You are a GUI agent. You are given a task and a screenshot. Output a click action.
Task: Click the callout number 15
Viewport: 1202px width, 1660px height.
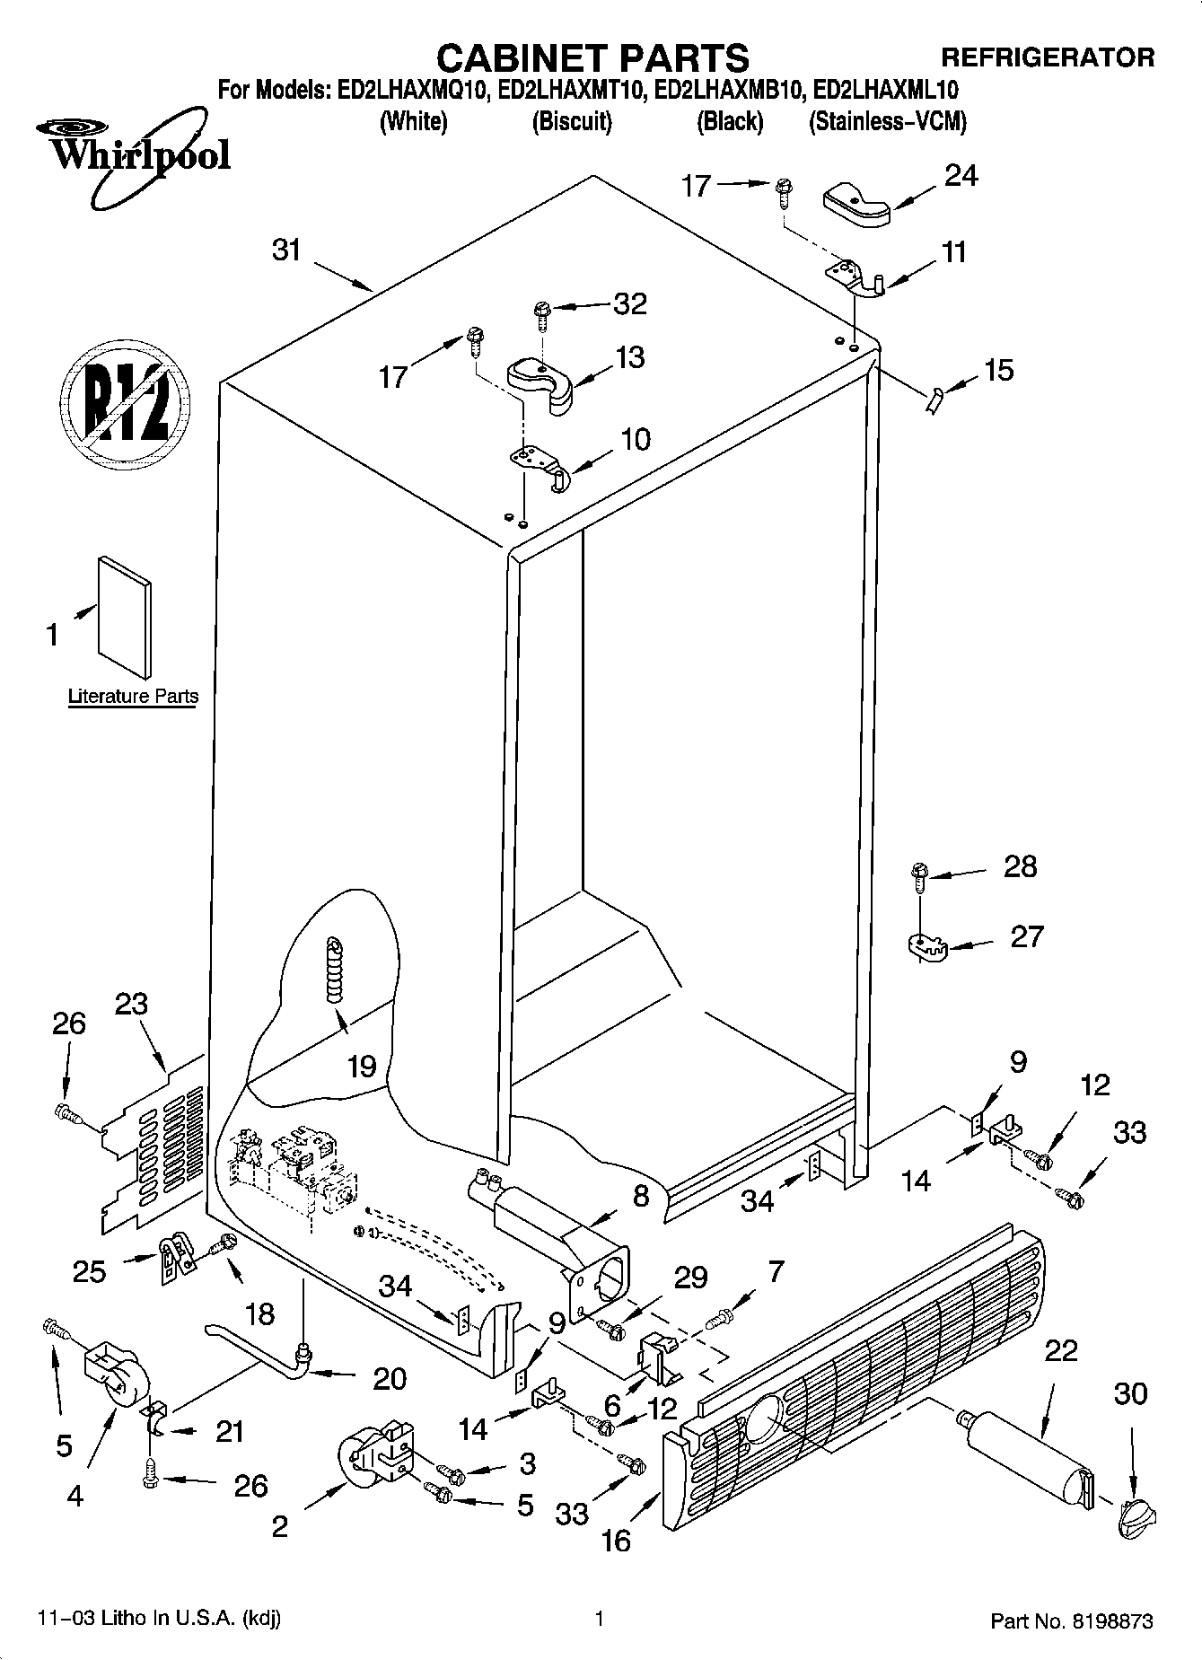point(998,370)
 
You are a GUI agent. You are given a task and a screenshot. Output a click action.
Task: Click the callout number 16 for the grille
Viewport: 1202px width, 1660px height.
point(616,1541)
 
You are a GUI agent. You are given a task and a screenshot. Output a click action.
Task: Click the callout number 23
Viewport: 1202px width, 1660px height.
point(131,1003)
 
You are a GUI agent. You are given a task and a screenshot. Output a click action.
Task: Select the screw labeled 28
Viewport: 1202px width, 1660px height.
point(918,874)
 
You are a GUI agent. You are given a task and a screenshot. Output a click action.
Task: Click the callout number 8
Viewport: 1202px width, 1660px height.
point(640,1196)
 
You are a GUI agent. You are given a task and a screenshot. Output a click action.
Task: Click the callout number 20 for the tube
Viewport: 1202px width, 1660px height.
point(389,1378)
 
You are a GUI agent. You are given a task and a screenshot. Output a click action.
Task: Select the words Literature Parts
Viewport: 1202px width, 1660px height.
point(133,697)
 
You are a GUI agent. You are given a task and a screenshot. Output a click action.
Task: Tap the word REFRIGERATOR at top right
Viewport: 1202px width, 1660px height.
point(1047,57)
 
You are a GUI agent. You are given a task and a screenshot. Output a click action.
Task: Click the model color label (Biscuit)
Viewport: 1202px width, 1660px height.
point(572,121)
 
